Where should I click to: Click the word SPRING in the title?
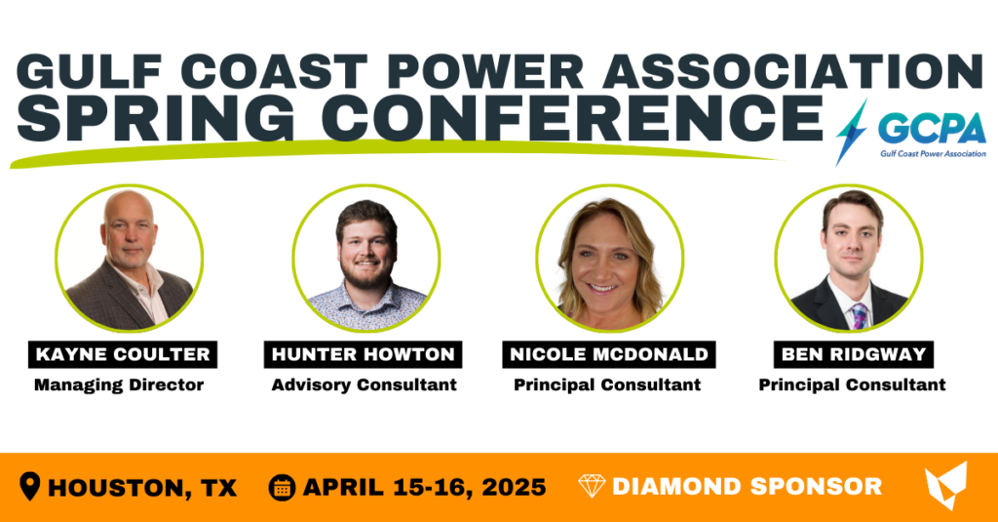156,118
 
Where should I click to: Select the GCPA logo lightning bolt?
851,133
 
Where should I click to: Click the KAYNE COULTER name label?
123,354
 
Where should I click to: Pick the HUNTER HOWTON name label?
363,354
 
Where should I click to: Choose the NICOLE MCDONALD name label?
608,354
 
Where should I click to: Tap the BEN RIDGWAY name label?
854,354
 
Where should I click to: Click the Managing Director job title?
119,385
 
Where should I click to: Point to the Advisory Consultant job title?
365,385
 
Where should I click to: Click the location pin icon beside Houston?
30,486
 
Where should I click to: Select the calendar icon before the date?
282,488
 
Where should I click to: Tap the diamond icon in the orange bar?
592,486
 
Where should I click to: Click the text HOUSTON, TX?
142,488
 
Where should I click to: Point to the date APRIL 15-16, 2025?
425,488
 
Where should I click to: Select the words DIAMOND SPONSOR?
747,487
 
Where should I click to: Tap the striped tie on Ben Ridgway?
860,316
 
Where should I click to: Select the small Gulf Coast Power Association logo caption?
933,153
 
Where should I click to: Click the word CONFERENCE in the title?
577,118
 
